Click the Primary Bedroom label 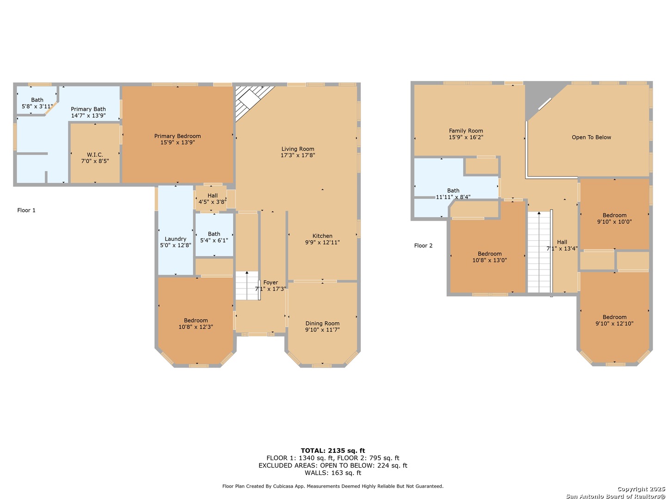[x=177, y=136]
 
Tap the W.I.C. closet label [x=95, y=155]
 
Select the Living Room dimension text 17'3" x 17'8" [x=298, y=155]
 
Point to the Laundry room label [x=175, y=239]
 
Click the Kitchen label [x=322, y=236]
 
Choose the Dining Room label [x=322, y=323]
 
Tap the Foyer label [x=271, y=282]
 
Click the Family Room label [x=466, y=131]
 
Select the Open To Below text [x=591, y=137]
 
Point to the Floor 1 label [x=26, y=210]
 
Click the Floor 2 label [x=423, y=245]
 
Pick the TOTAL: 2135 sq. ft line [x=333, y=450]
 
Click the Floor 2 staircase [x=539, y=252]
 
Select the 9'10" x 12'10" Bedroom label [x=614, y=320]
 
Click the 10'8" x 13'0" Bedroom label [x=489, y=257]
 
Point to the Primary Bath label [x=88, y=109]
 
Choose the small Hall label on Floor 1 [x=212, y=195]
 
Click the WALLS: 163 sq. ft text [x=333, y=473]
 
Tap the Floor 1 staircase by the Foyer [x=247, y=286]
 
